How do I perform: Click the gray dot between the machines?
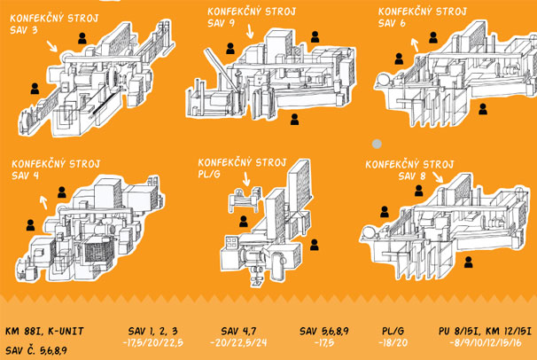(377, 143)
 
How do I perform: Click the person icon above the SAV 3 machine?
(82, 38)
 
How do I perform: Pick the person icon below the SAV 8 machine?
(466, 262)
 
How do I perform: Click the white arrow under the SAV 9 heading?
(251, 32)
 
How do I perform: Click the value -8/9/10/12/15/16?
(485, 343)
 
